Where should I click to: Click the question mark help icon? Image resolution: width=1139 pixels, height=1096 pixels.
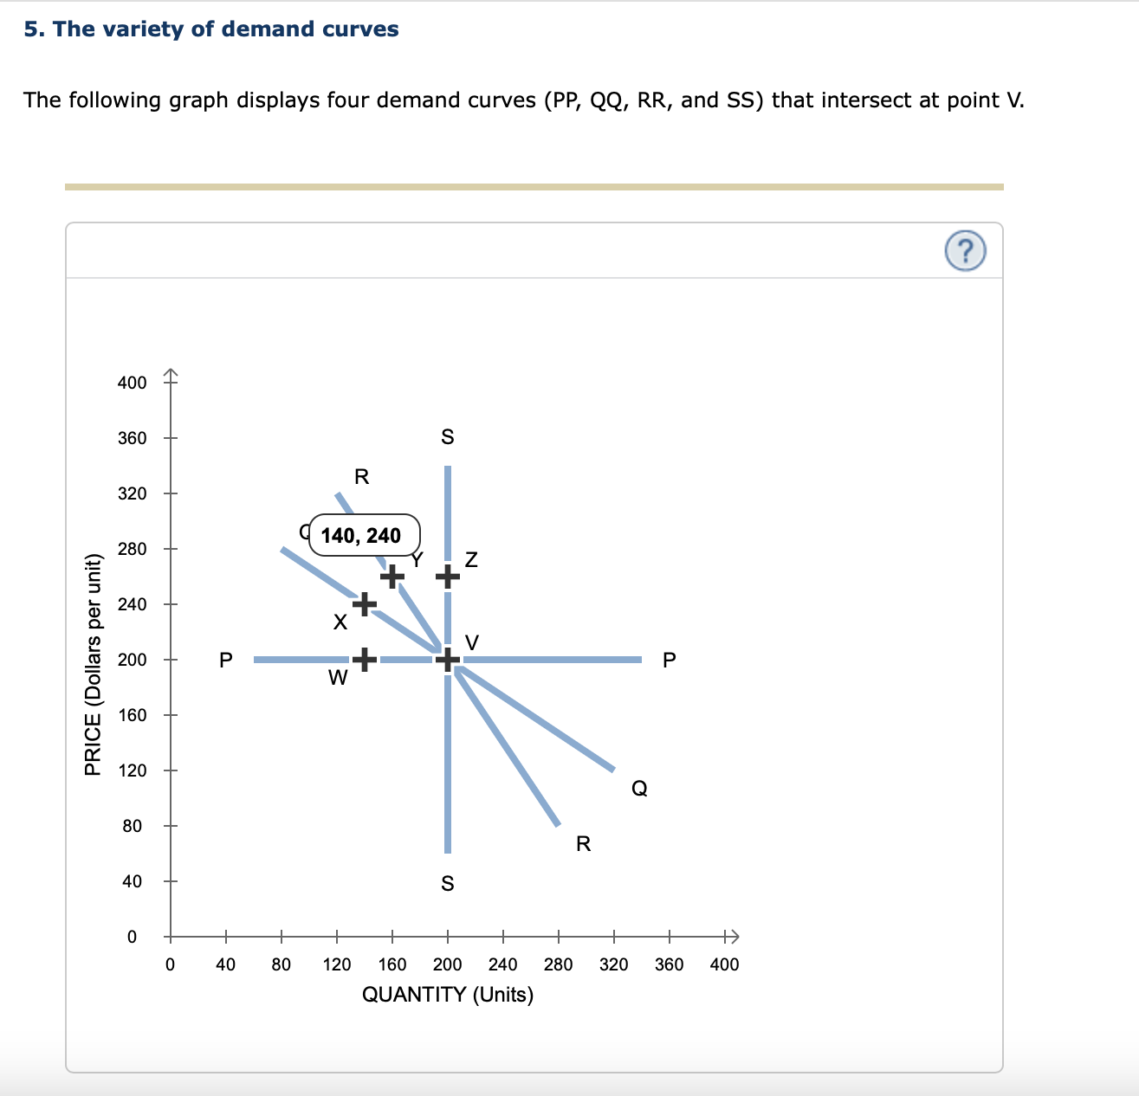pyautogui.click(x=965, y=252)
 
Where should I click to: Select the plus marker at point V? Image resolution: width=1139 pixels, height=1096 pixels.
pyautogui.click(x=447, y=660)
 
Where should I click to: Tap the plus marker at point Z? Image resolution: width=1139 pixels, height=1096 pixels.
pyautogui.click(x=447, y=576)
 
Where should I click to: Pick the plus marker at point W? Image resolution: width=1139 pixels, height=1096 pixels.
pyautogui.click(x=365, y=660)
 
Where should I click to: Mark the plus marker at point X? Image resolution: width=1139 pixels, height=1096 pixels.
pyautogui.click(x=365, y=603)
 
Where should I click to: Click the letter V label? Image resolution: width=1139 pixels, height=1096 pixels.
pyautogui.click(x=472, y=642)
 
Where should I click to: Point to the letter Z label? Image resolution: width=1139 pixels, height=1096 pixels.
pyautogui.click(x=471, y=560)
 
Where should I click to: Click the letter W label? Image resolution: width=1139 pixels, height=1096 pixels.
pyautogui.click(x=338, y=678)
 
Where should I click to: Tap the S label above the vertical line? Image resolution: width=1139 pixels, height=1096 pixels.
pyautogui.click(x=447, y=437)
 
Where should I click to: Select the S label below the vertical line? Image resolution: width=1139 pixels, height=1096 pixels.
pyautogui.click(x=447, y=883)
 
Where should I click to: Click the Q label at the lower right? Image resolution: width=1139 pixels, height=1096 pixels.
pyautogui.click(x=639, y=788)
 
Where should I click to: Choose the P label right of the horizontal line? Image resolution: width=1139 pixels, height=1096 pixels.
pyautogui.click(x=669, y=661)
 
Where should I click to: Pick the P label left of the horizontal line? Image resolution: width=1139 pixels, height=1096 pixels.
pyautogui.click(x=225, y=661)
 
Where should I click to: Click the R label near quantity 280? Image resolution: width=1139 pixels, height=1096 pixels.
pyautogui.click(x=583, y=844)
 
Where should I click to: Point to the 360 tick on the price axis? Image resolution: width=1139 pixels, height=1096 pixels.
pyautogui.click(x=133, y=438)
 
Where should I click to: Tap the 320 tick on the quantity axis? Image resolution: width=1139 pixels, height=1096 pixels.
pyautogui.click(x=613, y=964)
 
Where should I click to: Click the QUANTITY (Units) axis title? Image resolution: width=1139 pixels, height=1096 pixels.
pyautogui.click(x=447, y=994)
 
